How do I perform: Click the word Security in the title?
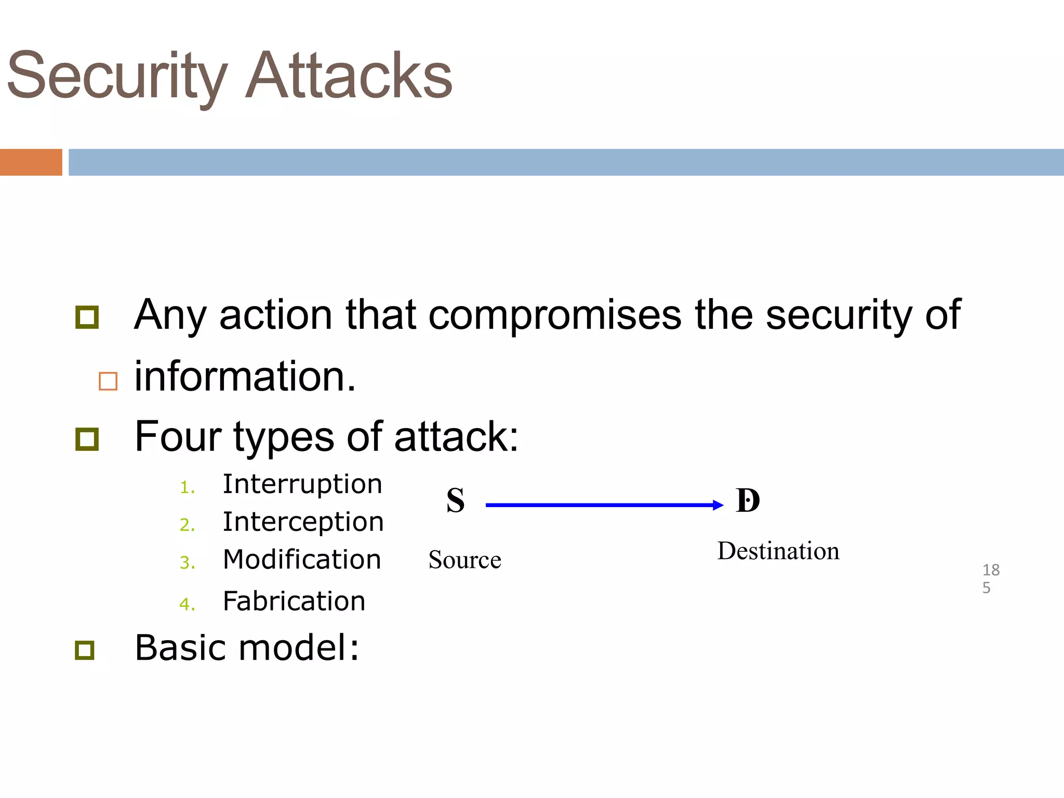(117, 77)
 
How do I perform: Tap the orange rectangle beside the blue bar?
(31, 162)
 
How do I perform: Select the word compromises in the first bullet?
(554, 315)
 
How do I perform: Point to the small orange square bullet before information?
(108, 381)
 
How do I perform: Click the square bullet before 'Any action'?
(87, 317)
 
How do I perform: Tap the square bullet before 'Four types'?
(87, 439)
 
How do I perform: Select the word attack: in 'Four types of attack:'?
(456, 437)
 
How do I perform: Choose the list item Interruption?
(302, 485)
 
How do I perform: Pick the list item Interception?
(303, 522)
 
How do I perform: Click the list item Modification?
(302, 560)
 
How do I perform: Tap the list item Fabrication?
(294, 602)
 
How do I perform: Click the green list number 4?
(187, 604)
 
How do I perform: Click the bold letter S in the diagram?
(456, 501)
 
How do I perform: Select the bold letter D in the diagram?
(748, 501)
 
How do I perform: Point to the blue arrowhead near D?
(718, 505)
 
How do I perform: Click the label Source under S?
(464, 560)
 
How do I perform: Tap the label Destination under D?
(778, 551)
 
